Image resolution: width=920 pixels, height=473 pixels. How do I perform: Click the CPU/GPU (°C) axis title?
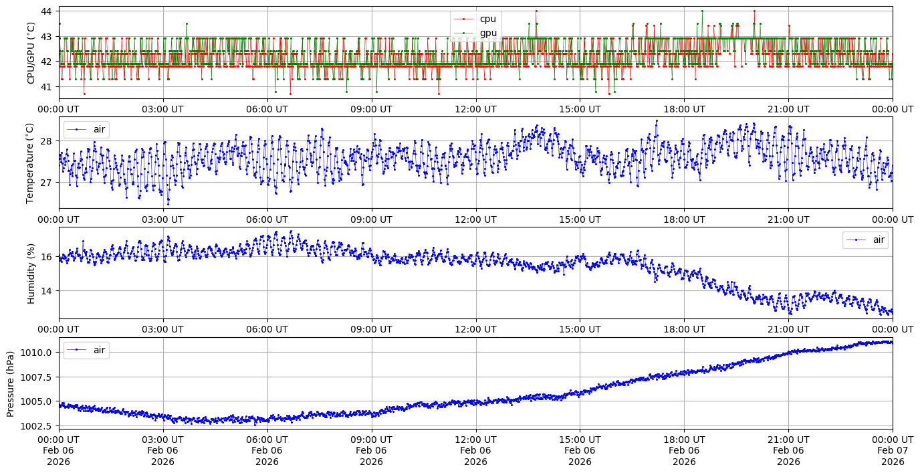(x=31, y=53)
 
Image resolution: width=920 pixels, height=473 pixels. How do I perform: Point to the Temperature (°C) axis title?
(x=29, y=163)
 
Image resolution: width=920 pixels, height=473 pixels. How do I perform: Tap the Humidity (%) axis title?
(x=31, y=274)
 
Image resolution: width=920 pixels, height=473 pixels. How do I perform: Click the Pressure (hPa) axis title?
(x=11, y=384)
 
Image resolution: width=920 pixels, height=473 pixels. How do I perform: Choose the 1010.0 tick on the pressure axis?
(x=36, y=353)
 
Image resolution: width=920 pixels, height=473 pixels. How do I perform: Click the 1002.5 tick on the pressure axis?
(x=36, y=425)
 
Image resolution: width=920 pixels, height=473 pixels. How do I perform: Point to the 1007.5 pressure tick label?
(x=36, y=377)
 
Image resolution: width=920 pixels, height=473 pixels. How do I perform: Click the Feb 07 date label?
(x=893, y=450)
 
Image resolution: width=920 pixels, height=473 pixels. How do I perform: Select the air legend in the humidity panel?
(x=865, y=240)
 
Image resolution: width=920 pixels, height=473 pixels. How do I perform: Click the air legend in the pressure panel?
(x=86, y=350)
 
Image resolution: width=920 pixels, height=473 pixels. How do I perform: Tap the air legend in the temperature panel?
(x=86, y=129)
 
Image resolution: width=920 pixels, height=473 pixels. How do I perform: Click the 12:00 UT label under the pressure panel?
(x=475, y=439)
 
